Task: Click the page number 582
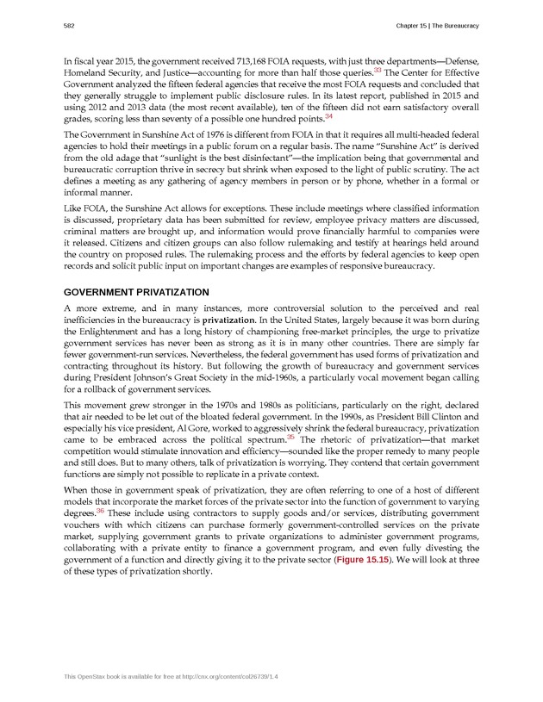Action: [x=68, y=26]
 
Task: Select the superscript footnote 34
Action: [x=328, y=115]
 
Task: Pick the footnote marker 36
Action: [x=100, y=511]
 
